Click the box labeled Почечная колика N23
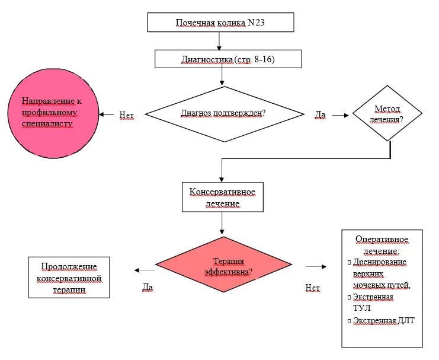(220, 22)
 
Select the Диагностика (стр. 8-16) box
(228, 59)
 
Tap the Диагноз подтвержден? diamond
(225, 114)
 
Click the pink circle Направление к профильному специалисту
(53, 113)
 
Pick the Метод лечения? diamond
(387, 113)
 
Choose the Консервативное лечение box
(223, 197)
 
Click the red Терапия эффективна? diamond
(224, 265)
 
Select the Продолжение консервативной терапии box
(69, 278)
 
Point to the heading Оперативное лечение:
(382, 245)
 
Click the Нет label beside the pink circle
(127, 115)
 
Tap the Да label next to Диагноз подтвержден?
(321, 114)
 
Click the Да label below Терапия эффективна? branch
(148, 288)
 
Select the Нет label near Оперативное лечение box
(312, 288)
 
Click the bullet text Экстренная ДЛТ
(383, 321)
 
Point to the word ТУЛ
(362, 308)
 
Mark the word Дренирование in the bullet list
(380, 262)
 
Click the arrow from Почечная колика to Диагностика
(219, 41)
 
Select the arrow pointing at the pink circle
(107, 114)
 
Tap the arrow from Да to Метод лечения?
(341, 115)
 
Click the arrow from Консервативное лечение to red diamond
(222, 223)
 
